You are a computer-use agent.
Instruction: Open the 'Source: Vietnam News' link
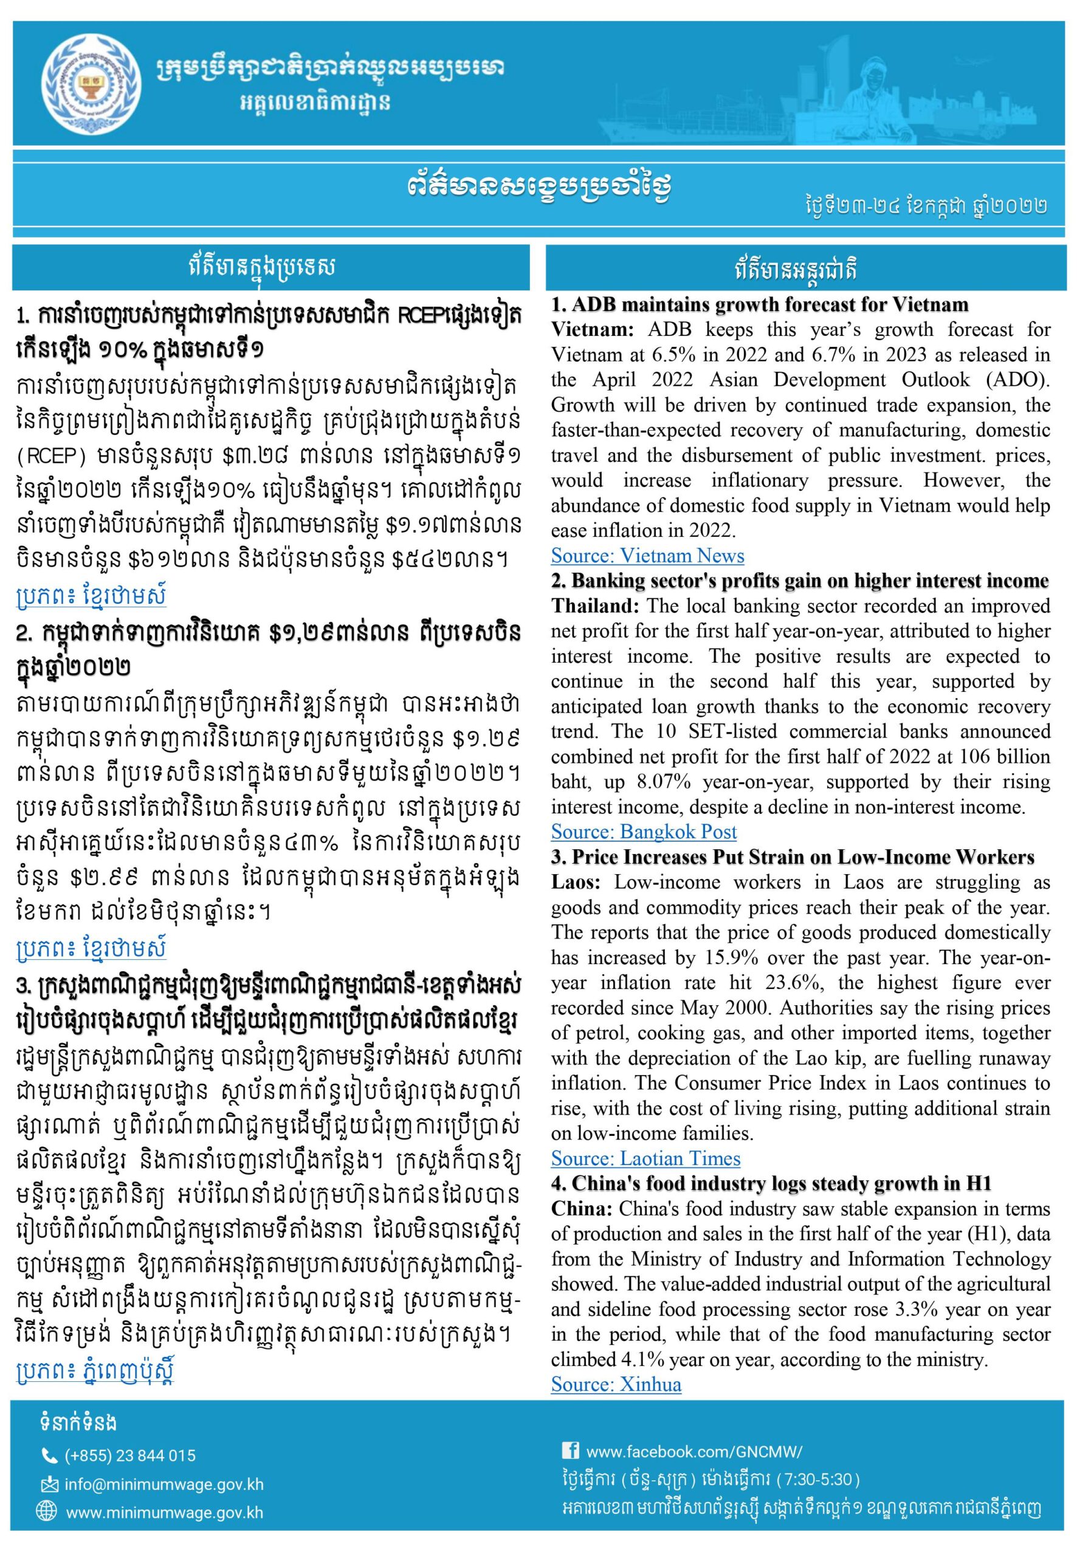[x=647, y=556]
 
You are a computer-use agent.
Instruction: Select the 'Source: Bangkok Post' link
[x=644, y=832]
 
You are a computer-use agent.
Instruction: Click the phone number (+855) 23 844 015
[x=129, y=1455]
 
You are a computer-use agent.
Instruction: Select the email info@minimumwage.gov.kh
[x=164, y=1484]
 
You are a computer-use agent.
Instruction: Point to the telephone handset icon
[x=49, y=1455]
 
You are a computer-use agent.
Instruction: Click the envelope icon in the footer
[x=49, y=1484]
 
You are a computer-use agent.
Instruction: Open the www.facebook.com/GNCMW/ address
[x=693, y=1451]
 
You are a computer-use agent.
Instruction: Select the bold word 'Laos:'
[x=580, y=883]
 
